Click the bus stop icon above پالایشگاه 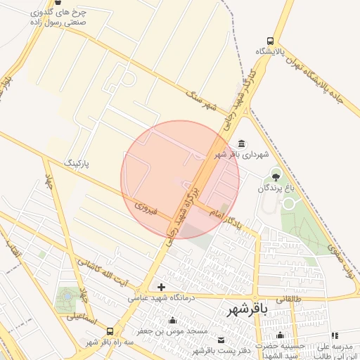(271, 41)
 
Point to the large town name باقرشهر (244, 310)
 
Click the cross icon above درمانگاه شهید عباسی (162, 286)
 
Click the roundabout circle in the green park (289, 204)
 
